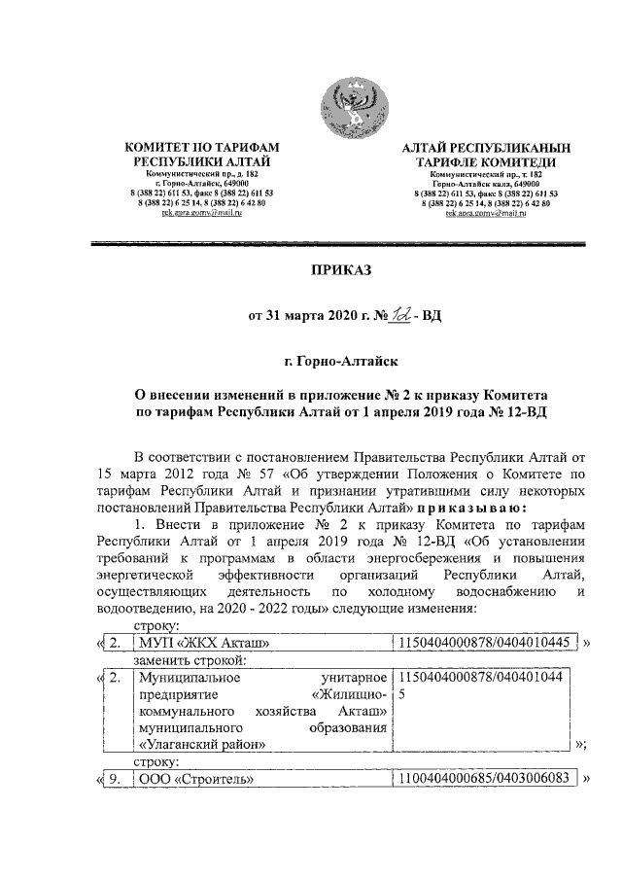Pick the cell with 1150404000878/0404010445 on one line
click(x=483, y=643)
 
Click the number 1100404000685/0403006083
click(x=483, y=779)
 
